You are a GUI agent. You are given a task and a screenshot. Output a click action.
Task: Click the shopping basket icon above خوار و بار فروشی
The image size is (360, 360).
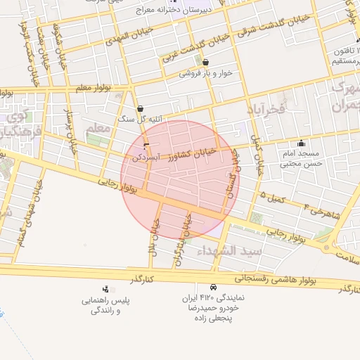click(205, 63)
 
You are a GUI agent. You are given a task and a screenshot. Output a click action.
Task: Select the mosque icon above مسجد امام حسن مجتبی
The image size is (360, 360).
click(301, 143)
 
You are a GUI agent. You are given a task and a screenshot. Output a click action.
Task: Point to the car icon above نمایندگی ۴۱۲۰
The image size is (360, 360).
click(212, 287)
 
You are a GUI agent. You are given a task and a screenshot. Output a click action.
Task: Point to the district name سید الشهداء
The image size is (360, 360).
click(229, 250)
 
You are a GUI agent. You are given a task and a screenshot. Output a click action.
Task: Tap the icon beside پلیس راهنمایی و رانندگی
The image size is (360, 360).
click(105, 288)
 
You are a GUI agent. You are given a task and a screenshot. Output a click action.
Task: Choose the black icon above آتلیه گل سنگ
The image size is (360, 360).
click(141, 109)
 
